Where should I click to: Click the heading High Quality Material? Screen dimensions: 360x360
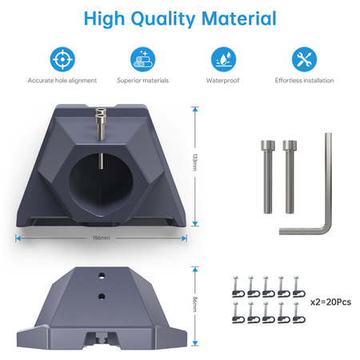pos(179,19)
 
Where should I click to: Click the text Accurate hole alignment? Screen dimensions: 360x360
pos(62,80)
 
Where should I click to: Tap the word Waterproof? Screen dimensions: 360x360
pos(223,80)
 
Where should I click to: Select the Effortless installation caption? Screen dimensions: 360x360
pos(305,80)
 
